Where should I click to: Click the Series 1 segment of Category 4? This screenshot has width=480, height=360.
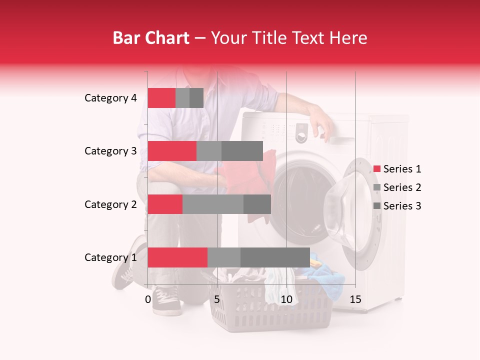[x=161, y=98]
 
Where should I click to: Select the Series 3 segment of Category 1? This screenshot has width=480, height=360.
[x=275, y=257]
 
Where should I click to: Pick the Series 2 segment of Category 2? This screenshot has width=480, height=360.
[x=213, y=204]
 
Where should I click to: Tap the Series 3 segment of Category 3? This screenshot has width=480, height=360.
[x=242, y=151]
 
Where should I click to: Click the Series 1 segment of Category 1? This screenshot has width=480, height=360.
[x=177, y=257]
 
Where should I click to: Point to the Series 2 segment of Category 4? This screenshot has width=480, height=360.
[x=182, y=98]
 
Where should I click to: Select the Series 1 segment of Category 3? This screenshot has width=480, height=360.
[x=172, y=151]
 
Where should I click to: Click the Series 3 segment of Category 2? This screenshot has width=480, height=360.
[x=257, y=204]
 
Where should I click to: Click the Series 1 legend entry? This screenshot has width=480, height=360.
[x=397, y=169]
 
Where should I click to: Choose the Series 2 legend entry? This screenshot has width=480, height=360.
[x=397, y=187]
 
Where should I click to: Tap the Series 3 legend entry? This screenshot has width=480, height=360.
[x=397, y=206]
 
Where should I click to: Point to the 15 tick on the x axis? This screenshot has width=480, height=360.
[x=355, y=299]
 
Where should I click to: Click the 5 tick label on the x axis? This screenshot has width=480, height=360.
[x=217, y=299]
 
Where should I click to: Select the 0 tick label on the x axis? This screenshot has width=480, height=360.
[x=148, y=299]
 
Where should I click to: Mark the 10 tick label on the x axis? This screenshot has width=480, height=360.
[x=286, y=299]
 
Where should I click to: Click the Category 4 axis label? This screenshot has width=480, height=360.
[x=110, y=98]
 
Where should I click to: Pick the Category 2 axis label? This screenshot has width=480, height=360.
[x=110, y=204]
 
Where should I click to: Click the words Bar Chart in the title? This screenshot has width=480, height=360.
[x=150, y=38]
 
